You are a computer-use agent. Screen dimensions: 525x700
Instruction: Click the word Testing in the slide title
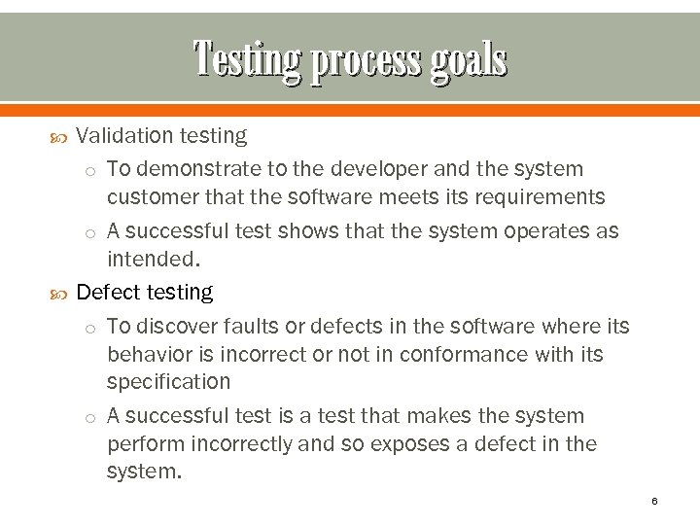(246, 59)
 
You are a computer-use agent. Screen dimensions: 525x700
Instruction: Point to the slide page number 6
(654, 501)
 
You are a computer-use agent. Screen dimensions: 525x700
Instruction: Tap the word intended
(153, 260)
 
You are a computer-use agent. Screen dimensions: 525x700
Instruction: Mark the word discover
(173, 327)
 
